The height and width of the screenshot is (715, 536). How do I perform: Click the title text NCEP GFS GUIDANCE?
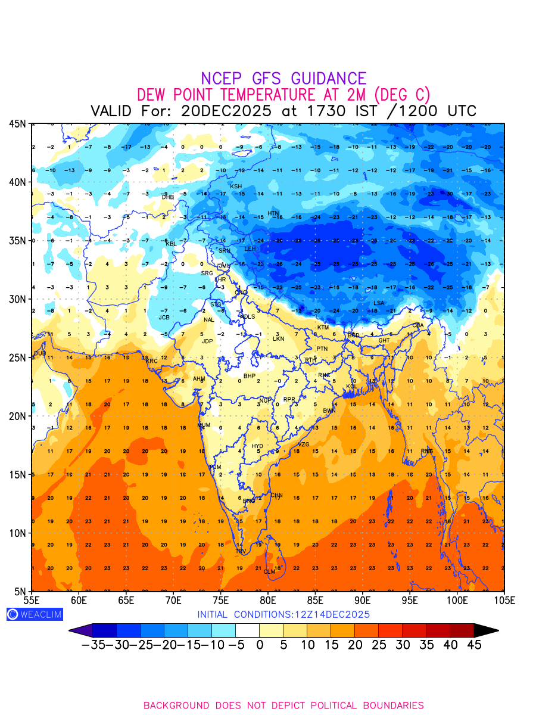click(283, 79)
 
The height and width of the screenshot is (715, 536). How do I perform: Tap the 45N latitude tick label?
click(17, 123)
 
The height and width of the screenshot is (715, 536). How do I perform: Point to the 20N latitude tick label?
click(17, 416)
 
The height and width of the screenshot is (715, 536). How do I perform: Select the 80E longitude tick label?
click(268, 600)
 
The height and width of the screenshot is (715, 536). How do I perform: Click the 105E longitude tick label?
click(504, 600)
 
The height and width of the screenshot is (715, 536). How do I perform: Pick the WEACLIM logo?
click(35, 614)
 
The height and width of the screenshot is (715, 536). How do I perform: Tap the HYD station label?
click(257, 446)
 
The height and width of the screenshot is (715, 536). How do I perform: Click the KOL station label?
click(351, 387)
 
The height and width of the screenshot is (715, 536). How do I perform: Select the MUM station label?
click(204, 425)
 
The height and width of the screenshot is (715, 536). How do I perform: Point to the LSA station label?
click(379, 303)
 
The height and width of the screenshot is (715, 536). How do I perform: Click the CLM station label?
click(270, 572)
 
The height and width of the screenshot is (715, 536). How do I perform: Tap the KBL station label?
click(171, 244)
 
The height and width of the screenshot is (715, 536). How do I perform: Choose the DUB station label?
click(40, 353)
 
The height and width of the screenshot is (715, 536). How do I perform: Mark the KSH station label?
click(236, 186)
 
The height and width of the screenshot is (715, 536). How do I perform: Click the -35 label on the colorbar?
click(93, 645)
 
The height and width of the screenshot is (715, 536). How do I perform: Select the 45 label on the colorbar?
click(473, 645)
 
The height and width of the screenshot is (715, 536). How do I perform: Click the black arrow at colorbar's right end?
click(486, 630)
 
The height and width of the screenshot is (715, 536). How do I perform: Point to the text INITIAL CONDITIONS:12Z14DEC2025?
click(283, 614)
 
